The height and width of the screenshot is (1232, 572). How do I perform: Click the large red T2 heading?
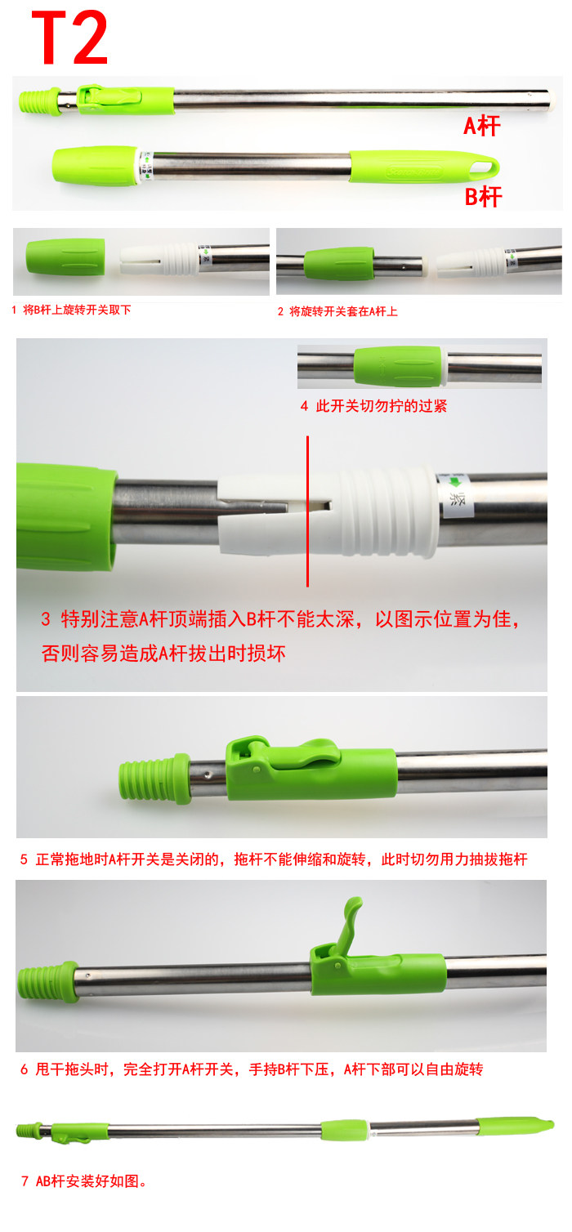[x=70, y=38]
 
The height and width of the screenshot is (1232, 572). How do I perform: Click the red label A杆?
[x=482, y=126]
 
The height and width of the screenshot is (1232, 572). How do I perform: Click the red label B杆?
[x=483, y=197]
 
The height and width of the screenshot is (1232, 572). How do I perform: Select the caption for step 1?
[x=71, y=310]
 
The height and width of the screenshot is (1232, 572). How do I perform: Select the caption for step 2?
[x=337, y=311]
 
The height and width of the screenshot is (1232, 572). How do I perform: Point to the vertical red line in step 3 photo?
[x=307, y=511]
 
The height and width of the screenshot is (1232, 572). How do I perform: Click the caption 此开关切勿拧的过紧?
[x=373, y=406]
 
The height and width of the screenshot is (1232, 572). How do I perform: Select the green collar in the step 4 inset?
[x=398, y=367]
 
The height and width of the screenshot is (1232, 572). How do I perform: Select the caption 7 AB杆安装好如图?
[x=84, y=1181]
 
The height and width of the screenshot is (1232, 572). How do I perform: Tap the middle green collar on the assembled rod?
[x=344, y=1130]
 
